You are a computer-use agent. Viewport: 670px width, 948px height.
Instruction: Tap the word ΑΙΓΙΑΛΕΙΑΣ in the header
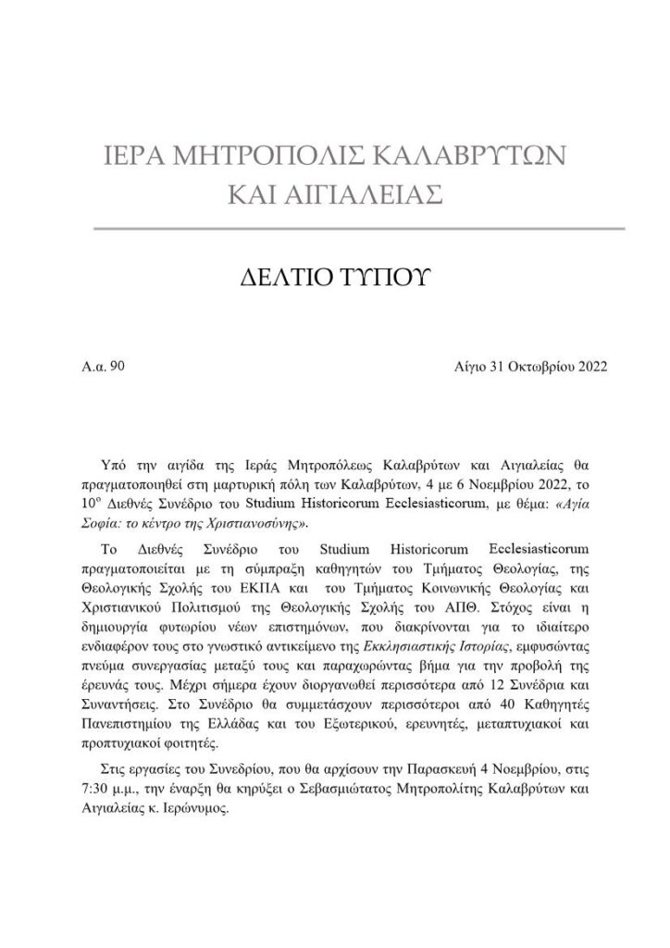click(x=364, y=195)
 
